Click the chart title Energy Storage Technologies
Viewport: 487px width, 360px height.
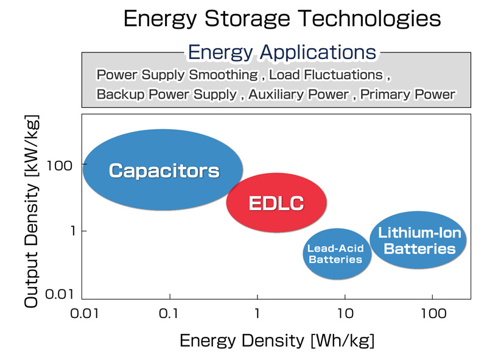click(x=282, y=19)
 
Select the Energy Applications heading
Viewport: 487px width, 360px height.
click(x=282, y=52)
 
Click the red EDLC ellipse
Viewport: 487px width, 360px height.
click(x=276, y=202)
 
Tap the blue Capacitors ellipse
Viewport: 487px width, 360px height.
click(x=163, y=170)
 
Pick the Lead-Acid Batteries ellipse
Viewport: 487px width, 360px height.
click(x=337, y=253)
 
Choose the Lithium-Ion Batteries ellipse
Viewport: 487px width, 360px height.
click(x=418, y=240)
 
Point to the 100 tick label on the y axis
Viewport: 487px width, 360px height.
click(x=59, y=166)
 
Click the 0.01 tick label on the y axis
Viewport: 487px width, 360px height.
click(x=59, y=294)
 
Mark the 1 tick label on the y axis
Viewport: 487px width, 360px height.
click(x=73, y=231)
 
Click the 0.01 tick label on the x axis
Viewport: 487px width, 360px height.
click(x=84, y=313)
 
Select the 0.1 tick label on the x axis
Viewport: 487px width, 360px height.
click(x=169, y=313)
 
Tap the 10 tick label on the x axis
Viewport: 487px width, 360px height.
click(x=345, y=313)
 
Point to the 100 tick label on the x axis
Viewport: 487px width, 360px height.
click(x=433, y=313)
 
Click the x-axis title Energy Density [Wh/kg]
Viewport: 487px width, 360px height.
click(x=277, y=341)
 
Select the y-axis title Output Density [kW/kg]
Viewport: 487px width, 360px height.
click(x=32, y=211)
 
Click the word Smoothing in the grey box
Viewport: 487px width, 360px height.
click(x=223, y=75)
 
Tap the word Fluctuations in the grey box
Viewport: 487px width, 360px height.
click(x=343, y=75)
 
